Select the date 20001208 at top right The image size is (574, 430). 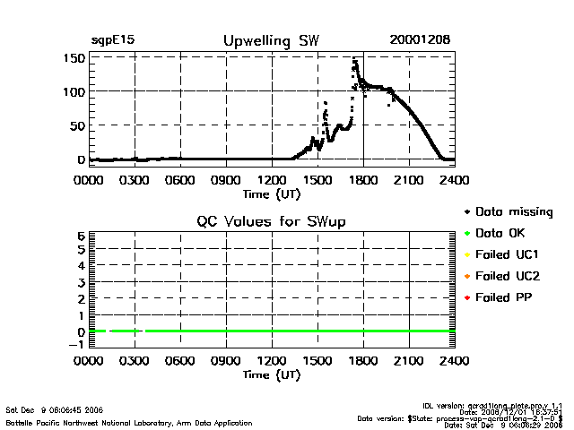coord(420,40)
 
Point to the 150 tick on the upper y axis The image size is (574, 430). coord(74,57)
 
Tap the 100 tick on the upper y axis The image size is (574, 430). coord(74,91)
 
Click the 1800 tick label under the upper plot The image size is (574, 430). coord(363,179)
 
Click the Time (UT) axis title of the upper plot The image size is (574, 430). coord(271,193)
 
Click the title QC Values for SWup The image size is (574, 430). coord(271,221)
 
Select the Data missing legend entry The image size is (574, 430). coord(514,212)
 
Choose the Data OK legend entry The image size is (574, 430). coord(501,233)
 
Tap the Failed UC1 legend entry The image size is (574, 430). coord(508,254)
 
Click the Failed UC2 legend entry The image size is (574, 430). coord(508,275)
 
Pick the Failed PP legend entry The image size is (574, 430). coord(505,297)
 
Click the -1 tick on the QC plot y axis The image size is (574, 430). coord(77,345)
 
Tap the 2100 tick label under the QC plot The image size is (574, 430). coord(409,362)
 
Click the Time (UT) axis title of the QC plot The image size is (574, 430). coord(271,375)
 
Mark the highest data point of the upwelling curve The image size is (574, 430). coord(355,59)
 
